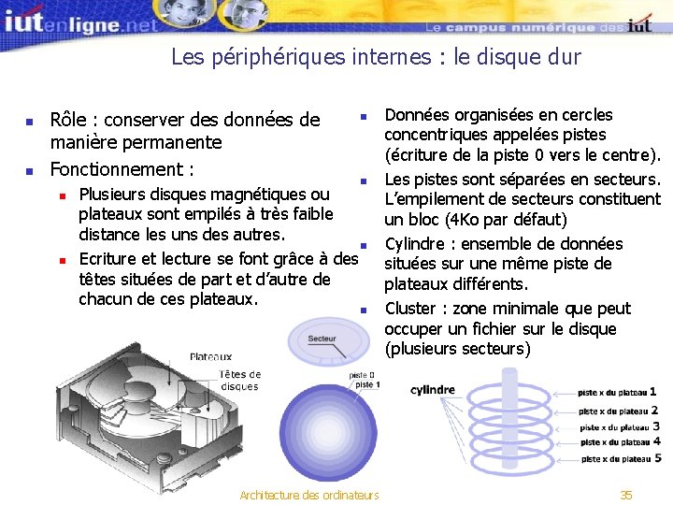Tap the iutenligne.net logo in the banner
79,21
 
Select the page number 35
626,495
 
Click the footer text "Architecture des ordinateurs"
309,495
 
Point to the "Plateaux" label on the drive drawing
211,356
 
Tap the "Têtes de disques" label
240,381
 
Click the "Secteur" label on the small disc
322,339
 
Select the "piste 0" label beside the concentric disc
363,375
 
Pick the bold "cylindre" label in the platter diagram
433,390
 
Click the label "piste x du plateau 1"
617,393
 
